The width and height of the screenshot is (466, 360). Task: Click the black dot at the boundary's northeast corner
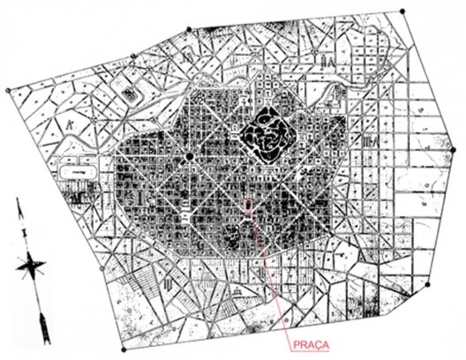point(402,11)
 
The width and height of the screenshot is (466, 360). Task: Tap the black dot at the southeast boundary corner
point(427,285)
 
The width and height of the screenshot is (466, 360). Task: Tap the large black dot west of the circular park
point(189,157)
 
